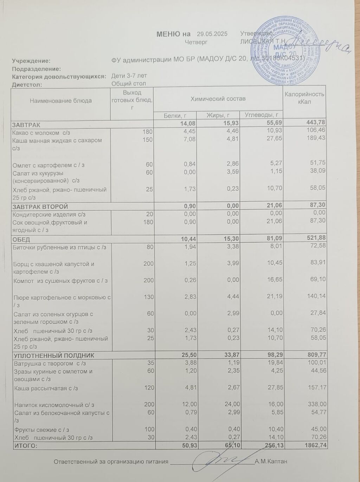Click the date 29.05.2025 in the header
[212, 34]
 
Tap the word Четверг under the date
[196, 42]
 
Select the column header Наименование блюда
[61, 101]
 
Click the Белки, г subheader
[175, 115]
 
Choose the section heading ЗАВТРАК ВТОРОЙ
[40, 207]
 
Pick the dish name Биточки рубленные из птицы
[59, 247]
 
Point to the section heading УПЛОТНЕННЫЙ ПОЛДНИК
[53, 356]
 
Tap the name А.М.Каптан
[271, 462]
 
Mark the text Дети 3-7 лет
[129, 76]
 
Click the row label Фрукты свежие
[41, 430]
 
